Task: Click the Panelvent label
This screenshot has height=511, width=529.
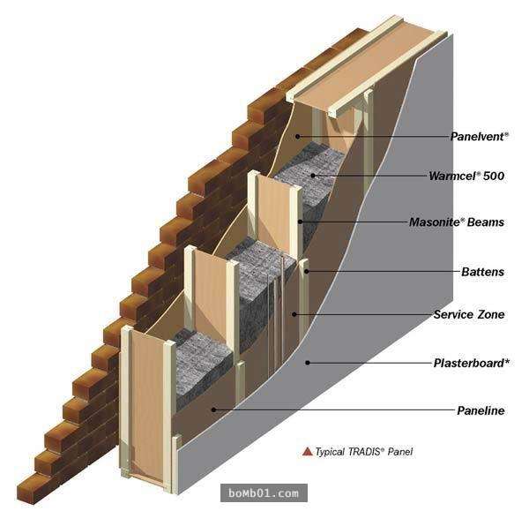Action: pos(479,137)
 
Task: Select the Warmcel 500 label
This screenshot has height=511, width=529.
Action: pos(466,176)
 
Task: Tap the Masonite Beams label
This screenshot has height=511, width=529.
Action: pos(457,222)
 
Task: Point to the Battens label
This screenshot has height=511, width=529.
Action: pos(483,272)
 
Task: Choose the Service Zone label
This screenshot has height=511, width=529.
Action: pos(469,314)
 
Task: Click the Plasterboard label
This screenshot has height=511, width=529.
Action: pos(472,363)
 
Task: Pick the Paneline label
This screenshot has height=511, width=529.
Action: pos(481,410)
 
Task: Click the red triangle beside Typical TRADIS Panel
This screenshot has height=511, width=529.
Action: pos(308,451)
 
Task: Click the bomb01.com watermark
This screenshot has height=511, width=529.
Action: pos(264,493)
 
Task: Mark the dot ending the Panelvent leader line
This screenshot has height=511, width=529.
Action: pos(297,137)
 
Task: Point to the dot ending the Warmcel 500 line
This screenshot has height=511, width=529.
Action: pos(313,176)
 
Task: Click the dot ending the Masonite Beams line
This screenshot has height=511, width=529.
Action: pos(300,222)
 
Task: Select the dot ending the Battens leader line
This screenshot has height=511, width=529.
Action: pos(306,271)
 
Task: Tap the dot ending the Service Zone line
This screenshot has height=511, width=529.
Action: pos(294,314)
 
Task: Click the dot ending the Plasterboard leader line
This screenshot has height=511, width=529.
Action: pos(308,363)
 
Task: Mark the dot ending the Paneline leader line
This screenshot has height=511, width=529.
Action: pos(213,410)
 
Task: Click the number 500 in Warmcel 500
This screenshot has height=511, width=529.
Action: pos(494,176)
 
